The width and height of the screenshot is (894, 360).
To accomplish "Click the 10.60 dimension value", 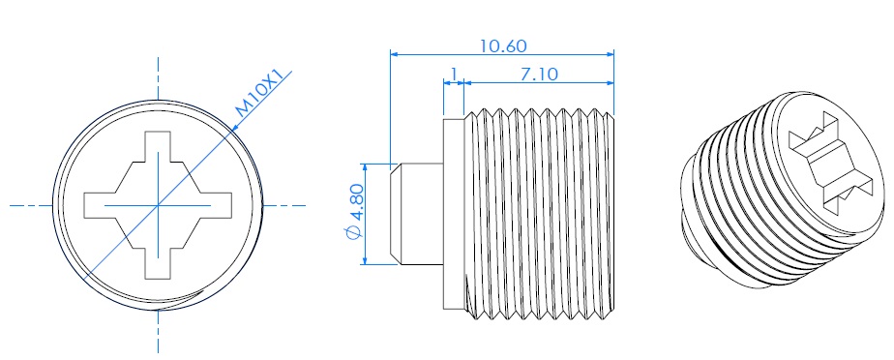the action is click(503, 45).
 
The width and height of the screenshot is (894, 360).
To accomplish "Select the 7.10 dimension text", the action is click(539, 75).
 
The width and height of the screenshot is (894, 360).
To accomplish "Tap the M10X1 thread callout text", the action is click(259, 93).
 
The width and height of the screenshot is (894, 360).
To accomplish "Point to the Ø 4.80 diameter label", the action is click(355, 212).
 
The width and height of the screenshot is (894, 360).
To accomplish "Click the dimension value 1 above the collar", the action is click(454, 75).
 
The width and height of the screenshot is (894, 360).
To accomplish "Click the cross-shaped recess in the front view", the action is click(158, 205).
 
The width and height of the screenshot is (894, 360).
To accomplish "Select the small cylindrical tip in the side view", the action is click(416, 214).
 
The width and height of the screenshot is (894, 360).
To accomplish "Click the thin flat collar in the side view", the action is click(454, 214).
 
